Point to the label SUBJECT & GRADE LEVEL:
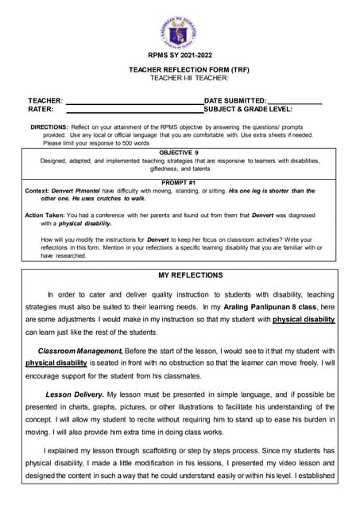click(248, 109)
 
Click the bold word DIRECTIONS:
click(48, 127)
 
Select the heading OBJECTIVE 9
click(179, 152)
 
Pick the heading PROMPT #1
click(179, 183)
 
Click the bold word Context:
click(37, 191)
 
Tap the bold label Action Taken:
click(45, 216)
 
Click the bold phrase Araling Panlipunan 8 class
click(261, 307)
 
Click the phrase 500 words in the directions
click(134, 143)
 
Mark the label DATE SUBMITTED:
click(235, 101)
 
